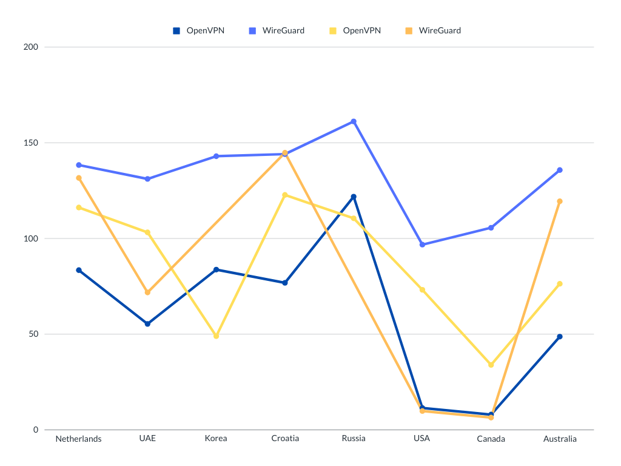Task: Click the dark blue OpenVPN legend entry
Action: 198,30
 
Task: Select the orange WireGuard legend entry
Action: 433,30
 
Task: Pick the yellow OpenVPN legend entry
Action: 355,30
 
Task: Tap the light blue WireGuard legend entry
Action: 276,30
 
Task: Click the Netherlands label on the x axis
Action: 79,439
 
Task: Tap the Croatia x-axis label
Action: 285,439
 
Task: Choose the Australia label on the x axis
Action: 560,439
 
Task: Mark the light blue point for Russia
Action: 354,122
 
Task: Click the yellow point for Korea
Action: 216,336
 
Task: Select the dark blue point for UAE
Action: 147,324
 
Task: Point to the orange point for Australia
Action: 560,201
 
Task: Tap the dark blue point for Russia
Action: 354,197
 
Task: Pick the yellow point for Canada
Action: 491,365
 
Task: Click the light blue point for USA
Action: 422,245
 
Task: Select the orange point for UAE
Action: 147,292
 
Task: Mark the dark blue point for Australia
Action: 560,337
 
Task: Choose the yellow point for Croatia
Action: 285,195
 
